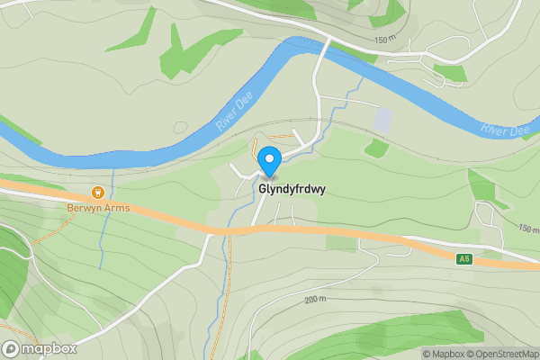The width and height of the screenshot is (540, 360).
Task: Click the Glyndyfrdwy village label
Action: [x=292, y=190]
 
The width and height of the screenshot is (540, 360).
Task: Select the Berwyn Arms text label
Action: [x=99, y=208]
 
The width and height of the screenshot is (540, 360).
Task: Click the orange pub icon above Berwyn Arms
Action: [x=99, y=193]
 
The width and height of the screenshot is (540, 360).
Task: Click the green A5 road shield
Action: [x=463, y=259]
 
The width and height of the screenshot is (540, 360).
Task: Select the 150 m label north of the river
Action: [x=384, y=40]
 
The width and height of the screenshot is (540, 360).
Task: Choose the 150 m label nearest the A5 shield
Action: [x=527, y=229]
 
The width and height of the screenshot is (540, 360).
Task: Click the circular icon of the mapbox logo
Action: [x=12, y=348]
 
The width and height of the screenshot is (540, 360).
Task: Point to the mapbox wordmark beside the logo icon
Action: [x=49, y=348]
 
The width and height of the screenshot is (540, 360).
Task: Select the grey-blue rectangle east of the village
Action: [x=382, y=120]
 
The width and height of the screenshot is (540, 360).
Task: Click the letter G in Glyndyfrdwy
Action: [x=263, y=190]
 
